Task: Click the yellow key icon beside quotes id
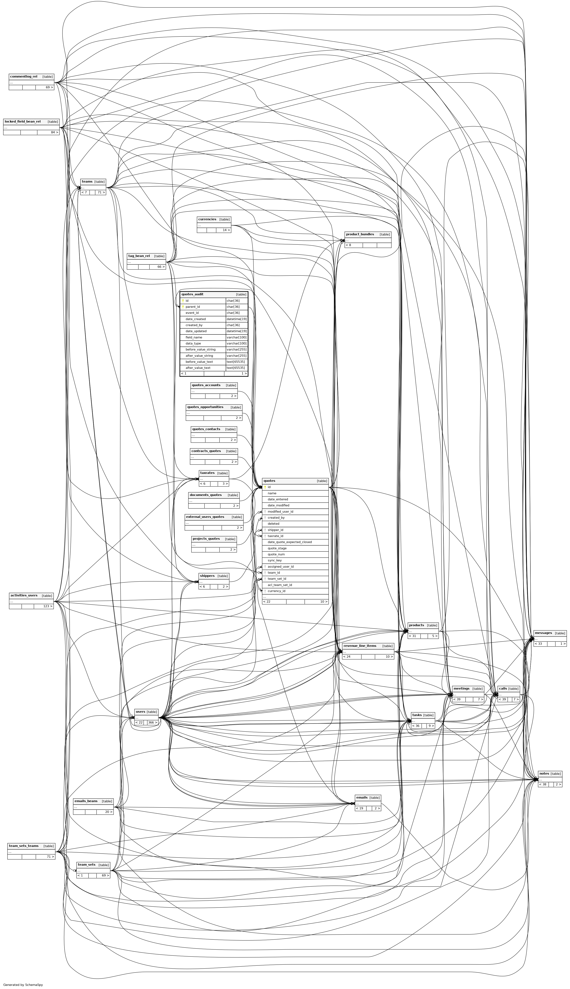tap(265, 487)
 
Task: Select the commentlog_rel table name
tap(24, 77)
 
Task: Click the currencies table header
tap(207, 220)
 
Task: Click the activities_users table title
tap(24, 595)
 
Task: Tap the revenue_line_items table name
tap(359, 646)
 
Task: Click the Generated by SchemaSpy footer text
tap(23, 984)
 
